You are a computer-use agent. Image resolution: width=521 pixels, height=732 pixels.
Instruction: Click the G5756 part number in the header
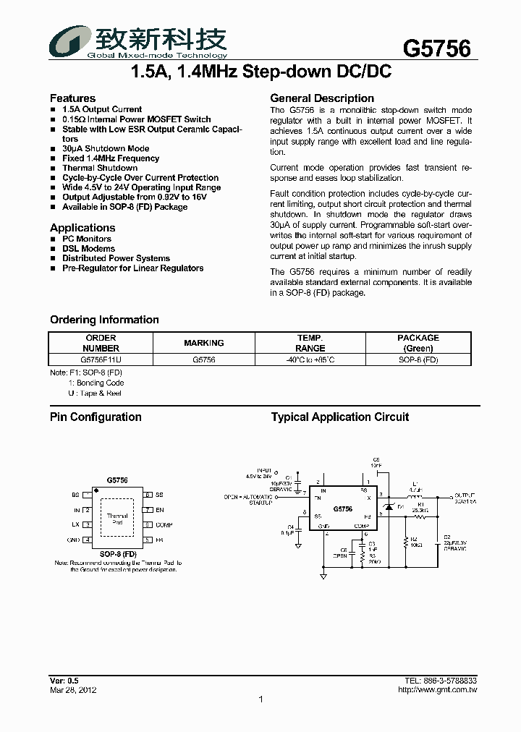436,49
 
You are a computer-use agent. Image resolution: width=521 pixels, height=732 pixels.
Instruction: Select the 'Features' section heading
72,98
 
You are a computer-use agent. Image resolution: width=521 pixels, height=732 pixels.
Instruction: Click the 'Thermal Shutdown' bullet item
100,168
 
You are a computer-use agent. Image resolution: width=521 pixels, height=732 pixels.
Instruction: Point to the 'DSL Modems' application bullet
88,249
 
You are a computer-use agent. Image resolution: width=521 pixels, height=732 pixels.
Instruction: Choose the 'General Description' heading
322,98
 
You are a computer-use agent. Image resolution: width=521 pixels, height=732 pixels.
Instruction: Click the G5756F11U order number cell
101,359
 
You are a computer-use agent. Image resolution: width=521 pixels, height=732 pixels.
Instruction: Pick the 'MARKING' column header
204,343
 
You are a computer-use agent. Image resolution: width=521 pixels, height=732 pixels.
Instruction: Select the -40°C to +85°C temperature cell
310,359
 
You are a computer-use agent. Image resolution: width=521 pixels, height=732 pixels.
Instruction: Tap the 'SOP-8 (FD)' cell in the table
418,359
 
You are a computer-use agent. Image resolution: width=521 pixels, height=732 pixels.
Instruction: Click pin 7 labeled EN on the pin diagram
147,510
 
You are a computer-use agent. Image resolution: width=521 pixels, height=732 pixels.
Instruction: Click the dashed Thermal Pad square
117,518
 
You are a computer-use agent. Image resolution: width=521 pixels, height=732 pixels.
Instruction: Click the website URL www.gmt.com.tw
437,690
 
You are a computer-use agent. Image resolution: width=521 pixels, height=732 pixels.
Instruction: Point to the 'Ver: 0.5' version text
64,681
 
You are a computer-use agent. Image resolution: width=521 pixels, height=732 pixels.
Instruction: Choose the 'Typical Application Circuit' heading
339,417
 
